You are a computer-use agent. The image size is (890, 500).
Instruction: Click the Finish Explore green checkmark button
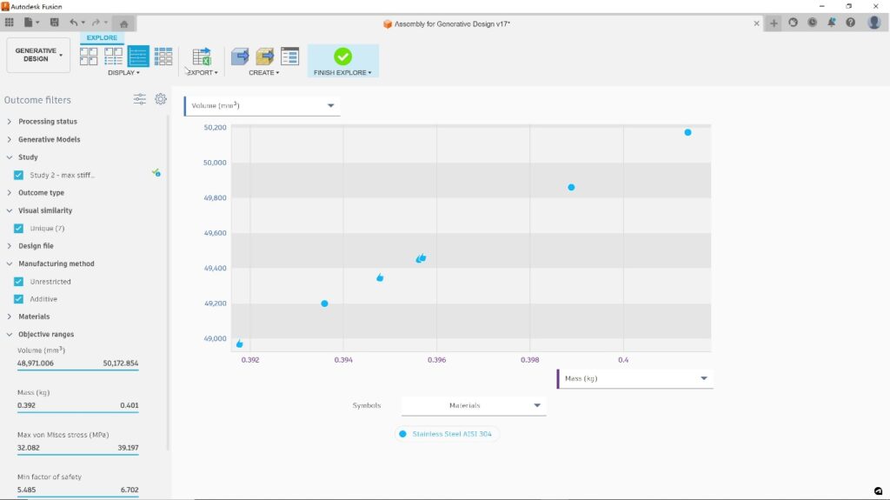(342, 57)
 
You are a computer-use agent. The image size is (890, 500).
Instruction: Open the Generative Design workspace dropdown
(38, 55)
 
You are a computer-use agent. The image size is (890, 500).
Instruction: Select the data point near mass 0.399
(571, 187)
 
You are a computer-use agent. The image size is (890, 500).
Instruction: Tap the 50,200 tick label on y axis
(215, 128)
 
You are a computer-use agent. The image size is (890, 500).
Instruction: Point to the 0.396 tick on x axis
(436, 359)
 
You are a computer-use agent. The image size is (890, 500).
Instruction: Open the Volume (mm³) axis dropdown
(262, 106)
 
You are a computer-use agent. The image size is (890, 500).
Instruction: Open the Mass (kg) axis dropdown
(634, 378)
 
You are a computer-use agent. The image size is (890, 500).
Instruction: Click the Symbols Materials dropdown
(474, 405)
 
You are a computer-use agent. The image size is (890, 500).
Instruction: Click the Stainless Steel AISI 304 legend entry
(448, 434)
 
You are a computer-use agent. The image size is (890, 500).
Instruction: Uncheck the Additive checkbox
(18, 299)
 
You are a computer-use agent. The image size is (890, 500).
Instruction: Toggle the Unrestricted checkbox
(18, 282)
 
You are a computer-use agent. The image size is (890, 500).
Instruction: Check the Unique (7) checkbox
(18, 229)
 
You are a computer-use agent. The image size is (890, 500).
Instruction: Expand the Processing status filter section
(48, 122)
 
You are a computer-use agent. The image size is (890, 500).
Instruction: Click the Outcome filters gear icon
(161, 99)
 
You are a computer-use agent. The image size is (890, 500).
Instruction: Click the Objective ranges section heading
(46, 334)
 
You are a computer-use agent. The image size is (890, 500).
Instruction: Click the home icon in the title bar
(123, 23)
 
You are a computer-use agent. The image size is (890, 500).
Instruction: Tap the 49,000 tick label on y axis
(215, 339)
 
